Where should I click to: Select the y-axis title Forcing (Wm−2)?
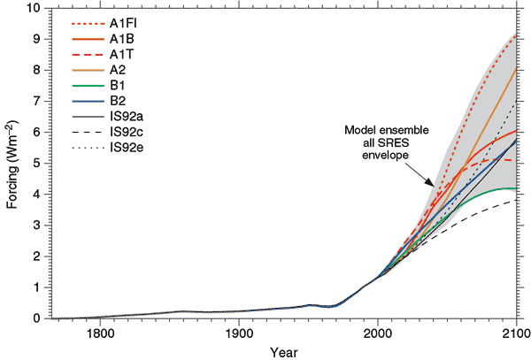[12, 163]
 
